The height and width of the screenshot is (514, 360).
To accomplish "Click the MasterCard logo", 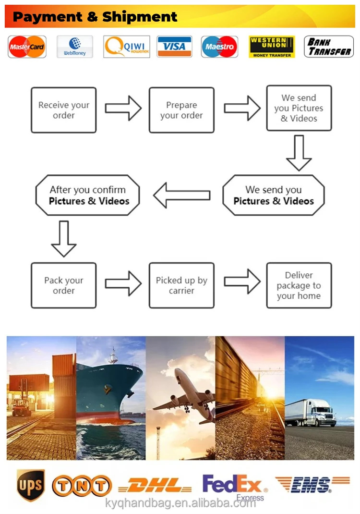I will [x=27, y=47].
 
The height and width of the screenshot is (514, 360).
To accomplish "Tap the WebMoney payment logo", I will [x=74, y=47].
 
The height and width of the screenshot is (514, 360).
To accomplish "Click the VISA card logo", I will [x=174, y=47].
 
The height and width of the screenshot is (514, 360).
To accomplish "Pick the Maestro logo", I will [x=219, y=47].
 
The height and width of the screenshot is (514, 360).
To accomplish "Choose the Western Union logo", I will [x=272, y=47].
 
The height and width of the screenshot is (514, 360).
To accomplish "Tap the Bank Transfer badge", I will [x=329, y=47].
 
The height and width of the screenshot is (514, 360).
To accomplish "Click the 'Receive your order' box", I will [x=64, y=110].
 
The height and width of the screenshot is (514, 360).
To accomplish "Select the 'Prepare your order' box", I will [x=181, y=110].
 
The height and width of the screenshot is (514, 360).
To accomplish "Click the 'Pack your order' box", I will [x=64, y=285].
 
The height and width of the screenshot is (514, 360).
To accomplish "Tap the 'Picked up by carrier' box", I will [x=181, y=285].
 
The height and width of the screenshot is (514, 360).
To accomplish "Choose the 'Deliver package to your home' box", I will [x=299, y=285].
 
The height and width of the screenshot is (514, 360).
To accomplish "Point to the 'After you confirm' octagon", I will [x=88, y=196].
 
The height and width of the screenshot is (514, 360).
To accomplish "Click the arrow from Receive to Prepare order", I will [x=123, y=108].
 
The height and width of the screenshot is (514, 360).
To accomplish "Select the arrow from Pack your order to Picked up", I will [x=123, y=283].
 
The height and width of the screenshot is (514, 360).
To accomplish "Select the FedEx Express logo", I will [x=234, y=486].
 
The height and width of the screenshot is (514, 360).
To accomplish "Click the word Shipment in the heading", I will [x=140, y=17].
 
